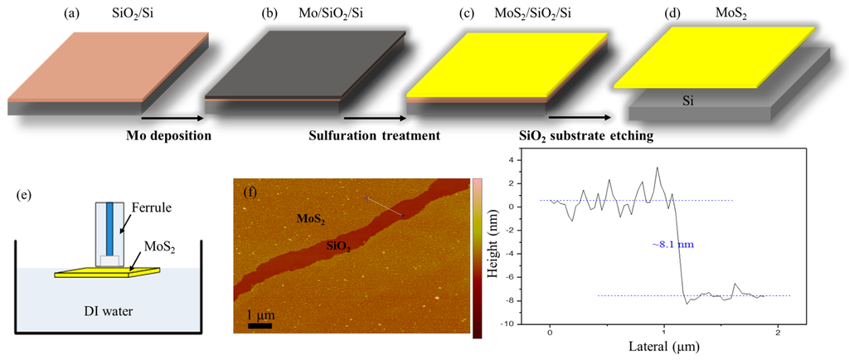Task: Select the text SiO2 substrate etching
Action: (x=580, y=135)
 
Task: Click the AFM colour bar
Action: (x=478, y=258)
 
